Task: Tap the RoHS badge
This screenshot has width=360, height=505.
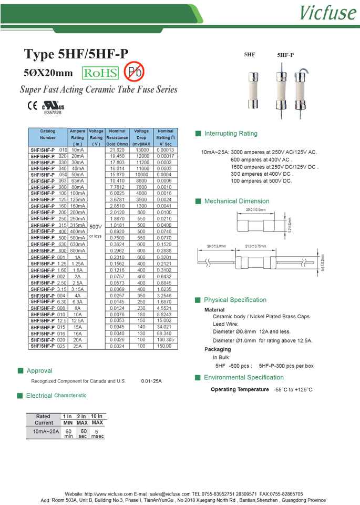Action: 100,73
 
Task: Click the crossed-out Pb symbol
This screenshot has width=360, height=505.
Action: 133,72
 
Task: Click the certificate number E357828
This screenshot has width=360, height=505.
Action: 53,112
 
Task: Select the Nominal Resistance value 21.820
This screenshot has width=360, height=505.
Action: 117,150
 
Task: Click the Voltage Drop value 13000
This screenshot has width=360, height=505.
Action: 142,150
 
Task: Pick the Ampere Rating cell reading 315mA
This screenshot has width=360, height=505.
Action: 77,225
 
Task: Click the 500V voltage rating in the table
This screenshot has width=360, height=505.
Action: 95,226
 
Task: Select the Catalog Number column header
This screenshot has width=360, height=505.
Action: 48,134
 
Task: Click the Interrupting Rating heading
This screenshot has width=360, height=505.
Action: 231,134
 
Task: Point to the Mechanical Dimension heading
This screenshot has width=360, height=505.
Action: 236,201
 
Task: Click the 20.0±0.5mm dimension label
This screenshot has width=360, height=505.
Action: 256,210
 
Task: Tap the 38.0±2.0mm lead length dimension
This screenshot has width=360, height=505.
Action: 217,246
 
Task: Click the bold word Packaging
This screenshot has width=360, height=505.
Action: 218,349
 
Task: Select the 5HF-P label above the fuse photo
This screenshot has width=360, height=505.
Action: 285,55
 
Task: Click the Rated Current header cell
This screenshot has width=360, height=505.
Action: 44,419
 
